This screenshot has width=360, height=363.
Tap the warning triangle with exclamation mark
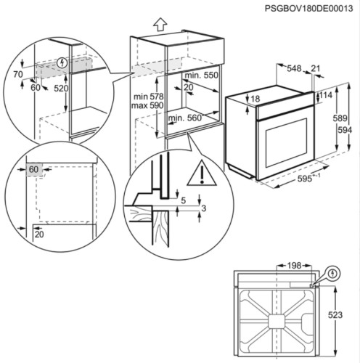197,174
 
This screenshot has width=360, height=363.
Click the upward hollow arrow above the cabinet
160,23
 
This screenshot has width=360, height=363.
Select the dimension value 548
294,69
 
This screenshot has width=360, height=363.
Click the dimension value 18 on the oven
255,99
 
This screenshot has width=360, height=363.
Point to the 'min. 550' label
200,76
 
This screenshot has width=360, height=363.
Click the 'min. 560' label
186,117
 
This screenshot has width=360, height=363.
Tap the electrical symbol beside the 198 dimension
332,274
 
